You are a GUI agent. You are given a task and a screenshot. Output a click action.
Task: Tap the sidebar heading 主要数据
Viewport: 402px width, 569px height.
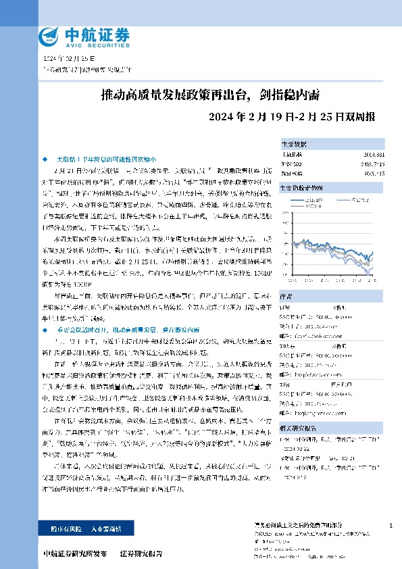point(293,144)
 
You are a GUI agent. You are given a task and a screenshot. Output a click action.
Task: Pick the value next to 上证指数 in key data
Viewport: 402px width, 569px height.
point(374,154)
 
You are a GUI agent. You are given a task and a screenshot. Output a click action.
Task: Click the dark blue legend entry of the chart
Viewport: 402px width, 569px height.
point(334,199)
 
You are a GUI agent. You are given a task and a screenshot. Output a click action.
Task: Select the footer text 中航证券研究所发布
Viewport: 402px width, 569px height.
point(74,553)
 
